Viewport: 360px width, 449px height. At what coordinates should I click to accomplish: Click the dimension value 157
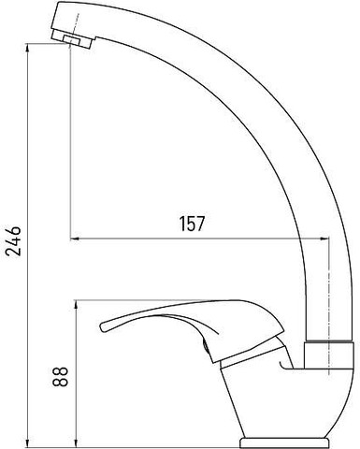point(192,224)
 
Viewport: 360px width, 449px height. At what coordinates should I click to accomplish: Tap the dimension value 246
point(14,240)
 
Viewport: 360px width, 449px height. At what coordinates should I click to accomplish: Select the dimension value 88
point(60,376)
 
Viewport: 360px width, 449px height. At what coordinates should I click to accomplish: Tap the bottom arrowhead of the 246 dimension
point(28,442)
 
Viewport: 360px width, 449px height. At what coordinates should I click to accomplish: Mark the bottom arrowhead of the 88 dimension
point(76,442)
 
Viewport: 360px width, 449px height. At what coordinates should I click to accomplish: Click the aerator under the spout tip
point(72,39)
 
